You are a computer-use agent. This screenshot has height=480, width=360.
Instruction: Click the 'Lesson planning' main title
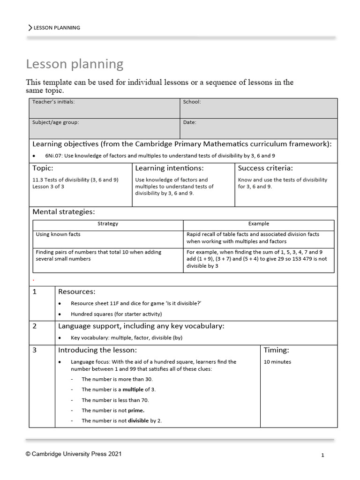click(x=75, y=64)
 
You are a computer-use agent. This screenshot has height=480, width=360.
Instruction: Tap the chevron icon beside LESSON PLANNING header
click(x=30, y=28)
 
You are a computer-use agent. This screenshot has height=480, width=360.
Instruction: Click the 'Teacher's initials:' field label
click(x=53, y=102)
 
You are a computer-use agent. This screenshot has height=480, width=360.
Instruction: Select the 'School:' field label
click(x=192, y=102)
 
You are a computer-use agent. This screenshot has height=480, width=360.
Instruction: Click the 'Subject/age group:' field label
click(x=55, y=122)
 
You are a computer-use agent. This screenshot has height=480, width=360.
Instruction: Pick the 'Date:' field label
click(x=190, y=122)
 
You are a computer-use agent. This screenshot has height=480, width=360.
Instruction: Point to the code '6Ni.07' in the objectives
click(x=53, y=156)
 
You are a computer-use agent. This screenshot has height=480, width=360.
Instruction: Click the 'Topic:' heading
click(x=43, y=168)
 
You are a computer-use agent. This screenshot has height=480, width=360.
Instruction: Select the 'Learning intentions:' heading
click(x=169, y=168)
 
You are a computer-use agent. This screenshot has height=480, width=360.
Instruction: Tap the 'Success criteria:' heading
click(x=265, y=168)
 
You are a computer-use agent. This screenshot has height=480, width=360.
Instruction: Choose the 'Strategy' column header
click(x=108, y=224)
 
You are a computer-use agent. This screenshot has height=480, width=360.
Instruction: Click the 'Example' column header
click(x=258, y=224)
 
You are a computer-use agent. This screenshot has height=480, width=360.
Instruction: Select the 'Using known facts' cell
click(x=58, y=234)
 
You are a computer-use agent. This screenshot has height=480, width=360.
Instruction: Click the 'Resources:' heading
click(x=77, y=292)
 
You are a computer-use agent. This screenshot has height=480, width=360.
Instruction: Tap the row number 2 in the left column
click(x=35, y=326)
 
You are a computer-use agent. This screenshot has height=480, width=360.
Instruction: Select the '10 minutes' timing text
click(x=277, y=362)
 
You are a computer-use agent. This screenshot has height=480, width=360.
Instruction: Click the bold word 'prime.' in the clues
click(x=136, y=410)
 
